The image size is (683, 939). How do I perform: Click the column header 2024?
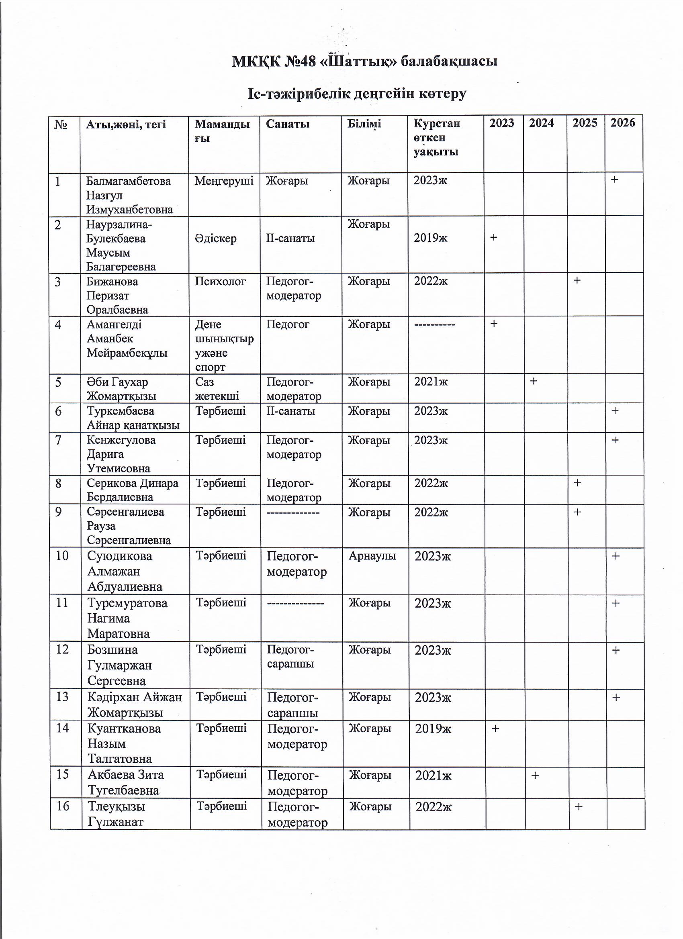click(541, 123)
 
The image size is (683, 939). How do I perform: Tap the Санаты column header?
click(287, 124)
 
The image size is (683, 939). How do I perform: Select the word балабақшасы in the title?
click(449, 61)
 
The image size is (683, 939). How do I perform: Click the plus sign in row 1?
click(615, 179)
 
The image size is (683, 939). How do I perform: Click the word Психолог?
click(220, 282)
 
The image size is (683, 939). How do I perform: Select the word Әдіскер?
click(215, 239)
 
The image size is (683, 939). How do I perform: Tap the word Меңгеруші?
click(224, 181)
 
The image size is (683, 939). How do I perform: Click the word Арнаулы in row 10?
click(372, 555)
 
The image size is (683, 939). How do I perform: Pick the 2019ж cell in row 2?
click(430, 238)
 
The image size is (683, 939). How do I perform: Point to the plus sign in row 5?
click(534, 381)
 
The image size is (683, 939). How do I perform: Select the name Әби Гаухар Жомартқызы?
click(121, 389)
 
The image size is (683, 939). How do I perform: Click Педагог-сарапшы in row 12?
click(290, 657)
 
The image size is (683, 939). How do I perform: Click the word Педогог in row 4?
click(287, 325)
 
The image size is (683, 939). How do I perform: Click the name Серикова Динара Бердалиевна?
click(133, 490)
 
